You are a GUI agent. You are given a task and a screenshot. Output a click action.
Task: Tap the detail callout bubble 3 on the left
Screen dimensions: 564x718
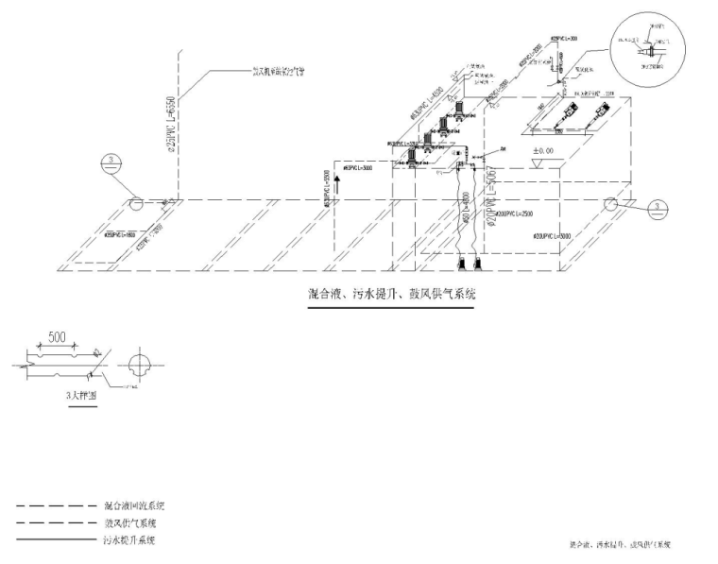[x=112, y=162]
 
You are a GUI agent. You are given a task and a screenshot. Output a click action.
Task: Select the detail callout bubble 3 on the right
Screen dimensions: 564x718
[x=659, y=207]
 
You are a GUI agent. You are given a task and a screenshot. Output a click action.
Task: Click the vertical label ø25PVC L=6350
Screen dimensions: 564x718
[x=171, y=124]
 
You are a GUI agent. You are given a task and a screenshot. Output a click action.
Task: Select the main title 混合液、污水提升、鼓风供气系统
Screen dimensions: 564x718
[x=391, y=294]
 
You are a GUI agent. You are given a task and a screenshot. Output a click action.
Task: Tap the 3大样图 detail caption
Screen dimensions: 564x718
[x=81, y=397]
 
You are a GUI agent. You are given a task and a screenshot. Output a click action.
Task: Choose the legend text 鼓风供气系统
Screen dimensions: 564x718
[x=130, y=522]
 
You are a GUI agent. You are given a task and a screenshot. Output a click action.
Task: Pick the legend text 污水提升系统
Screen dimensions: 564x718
[x=129, y=539]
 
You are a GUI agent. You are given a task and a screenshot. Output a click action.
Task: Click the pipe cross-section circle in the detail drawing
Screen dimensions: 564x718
[x=139, y=365]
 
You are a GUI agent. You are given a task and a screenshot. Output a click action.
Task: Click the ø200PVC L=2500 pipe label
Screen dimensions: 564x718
[x=516, y=214]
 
